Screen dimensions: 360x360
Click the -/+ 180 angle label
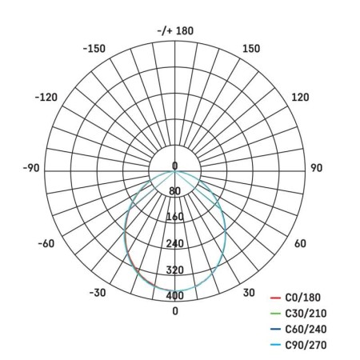click(x=175, y=31)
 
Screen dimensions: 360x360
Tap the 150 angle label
click(x=251, y=49)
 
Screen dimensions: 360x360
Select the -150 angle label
click(x=94, y=49)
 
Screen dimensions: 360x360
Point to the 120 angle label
click(x=300, y=97)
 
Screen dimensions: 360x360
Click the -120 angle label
click(x=46, y=97)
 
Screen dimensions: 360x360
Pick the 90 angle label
click(x=316, y=168)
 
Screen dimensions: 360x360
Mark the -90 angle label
click(x=31, y=168)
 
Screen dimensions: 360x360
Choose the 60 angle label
click(x=300, y=243)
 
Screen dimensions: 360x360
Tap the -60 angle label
click(x=46, y=243)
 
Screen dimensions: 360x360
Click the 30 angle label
click(x=249, y=293)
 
